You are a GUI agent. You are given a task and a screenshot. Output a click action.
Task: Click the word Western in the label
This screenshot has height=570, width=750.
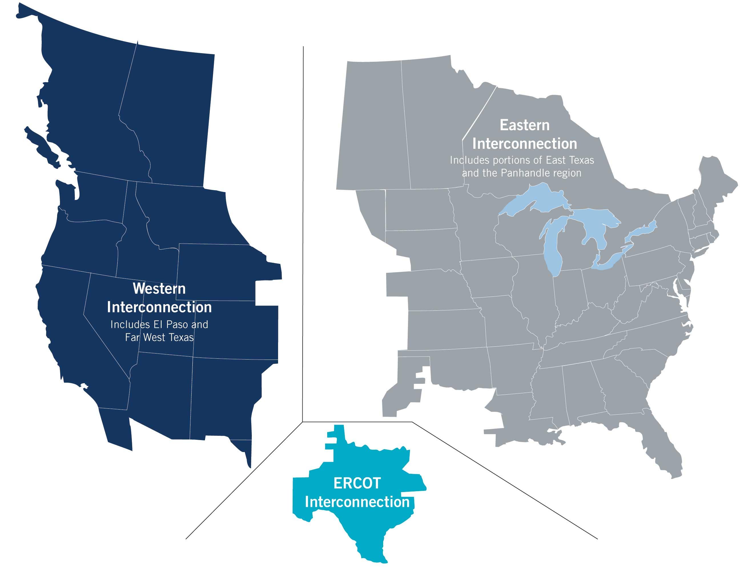click(x=159, y=289)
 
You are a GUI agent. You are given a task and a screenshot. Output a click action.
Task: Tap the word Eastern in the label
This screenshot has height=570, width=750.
click(x=524, y=125)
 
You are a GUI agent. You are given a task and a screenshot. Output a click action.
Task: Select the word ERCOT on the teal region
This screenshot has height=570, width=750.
click(x=357, y=483)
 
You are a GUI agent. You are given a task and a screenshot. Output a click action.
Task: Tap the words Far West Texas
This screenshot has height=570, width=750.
click(x=159, y=338)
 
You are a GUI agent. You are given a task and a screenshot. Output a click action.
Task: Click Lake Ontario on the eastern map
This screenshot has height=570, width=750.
click(x=641, y=231)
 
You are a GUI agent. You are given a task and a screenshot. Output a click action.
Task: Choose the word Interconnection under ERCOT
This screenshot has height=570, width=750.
click(x=357, y=502)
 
